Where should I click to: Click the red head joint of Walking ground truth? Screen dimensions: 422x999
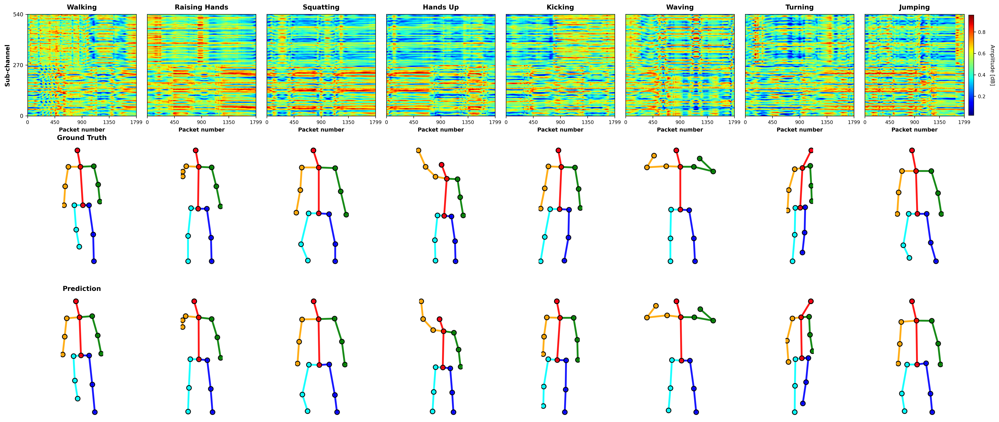[x=77, y=150]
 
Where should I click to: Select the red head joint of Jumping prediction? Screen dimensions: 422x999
[x=912, y=301]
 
